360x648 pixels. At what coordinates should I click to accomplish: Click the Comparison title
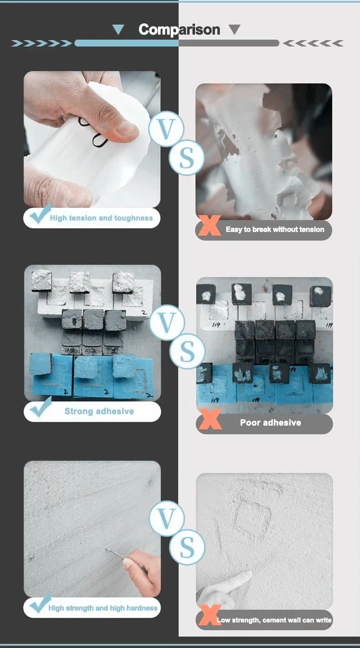point(179,30)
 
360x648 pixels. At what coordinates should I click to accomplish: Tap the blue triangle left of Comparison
point(118,30)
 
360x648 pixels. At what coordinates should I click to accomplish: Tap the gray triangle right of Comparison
point(234,30)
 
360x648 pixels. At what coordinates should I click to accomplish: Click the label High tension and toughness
point(101,218)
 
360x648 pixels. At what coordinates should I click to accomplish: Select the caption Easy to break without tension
point(275,230)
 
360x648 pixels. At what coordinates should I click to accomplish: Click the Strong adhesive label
point(99,411)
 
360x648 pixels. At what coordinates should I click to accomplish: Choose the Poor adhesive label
point(270,423)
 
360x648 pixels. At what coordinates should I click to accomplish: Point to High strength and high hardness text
point(103,608)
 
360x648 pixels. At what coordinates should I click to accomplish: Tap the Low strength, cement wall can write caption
point(274,620)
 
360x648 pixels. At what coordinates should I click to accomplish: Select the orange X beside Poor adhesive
point(210,419)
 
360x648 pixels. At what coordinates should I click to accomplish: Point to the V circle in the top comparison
point(166,129)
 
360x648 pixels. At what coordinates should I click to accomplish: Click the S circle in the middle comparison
point(187,351)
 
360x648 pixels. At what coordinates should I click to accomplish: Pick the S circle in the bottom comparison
point(187,548)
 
